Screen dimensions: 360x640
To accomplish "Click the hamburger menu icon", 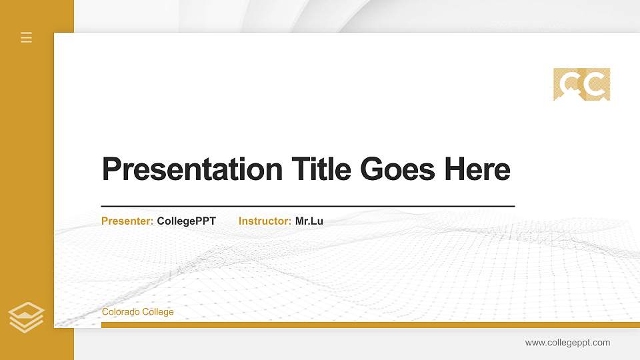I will tap(27, 37).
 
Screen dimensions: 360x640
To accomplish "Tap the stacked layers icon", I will tap(26, 317).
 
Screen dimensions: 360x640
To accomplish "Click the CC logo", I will tap(581, 85).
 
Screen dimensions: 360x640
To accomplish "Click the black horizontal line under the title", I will tap(307, 206).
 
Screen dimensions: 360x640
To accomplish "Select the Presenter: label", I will tap(127, 221).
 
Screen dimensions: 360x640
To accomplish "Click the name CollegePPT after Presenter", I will tap(187, 221).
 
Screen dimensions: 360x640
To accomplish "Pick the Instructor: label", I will tap(265, 221).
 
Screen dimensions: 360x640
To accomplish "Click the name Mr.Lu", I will tap(309, 221).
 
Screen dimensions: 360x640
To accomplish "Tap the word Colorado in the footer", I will tap(120, 312).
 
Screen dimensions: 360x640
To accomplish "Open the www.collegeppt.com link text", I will tap(567, 343).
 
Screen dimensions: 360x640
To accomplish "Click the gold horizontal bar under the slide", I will tap(370, 325).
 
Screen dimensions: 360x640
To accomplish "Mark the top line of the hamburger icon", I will tap(27, 33).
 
